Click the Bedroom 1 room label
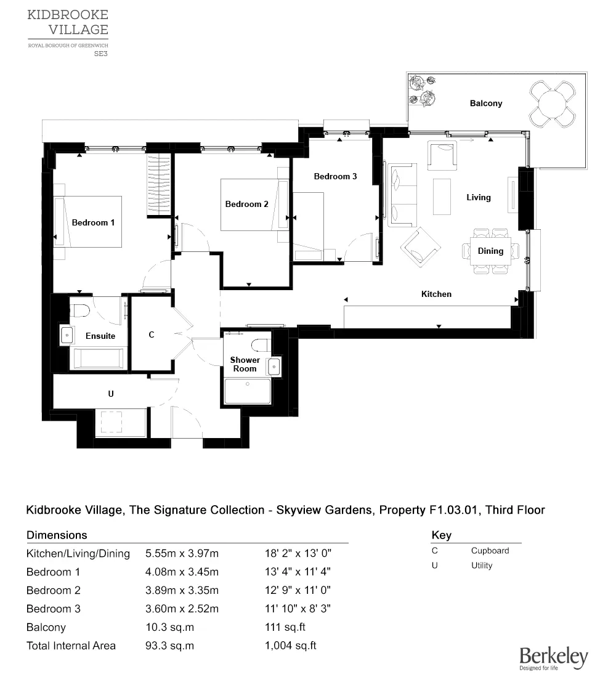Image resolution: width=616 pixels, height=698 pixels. pos(93,222)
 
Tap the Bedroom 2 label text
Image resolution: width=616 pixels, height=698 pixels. pos(246,205)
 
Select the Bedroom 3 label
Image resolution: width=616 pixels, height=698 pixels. pos(335,176)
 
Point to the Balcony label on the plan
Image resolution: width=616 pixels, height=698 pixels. pos(486,103)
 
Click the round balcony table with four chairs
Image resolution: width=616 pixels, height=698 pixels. pos(553,104)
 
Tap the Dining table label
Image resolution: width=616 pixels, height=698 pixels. pos(490,251)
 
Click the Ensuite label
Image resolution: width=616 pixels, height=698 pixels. pos(100,336)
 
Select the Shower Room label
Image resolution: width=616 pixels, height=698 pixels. pos(245,364)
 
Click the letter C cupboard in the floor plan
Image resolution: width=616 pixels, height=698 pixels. pos(152,335)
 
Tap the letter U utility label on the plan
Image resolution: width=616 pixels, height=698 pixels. pos(111,394)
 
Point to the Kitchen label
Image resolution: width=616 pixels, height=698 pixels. pos(436,294)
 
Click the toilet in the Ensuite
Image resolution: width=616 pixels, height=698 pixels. pos(81,310)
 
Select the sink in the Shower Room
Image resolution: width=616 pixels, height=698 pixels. pos(274,367)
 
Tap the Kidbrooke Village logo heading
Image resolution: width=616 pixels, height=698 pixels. pos(68,22)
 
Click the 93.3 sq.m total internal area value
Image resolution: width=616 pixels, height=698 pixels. pos(169,646)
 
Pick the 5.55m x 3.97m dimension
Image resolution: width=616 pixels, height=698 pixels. pos(182,553)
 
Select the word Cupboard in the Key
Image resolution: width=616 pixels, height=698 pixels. pos(490,551)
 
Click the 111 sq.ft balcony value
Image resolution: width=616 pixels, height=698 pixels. pos(285,627)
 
